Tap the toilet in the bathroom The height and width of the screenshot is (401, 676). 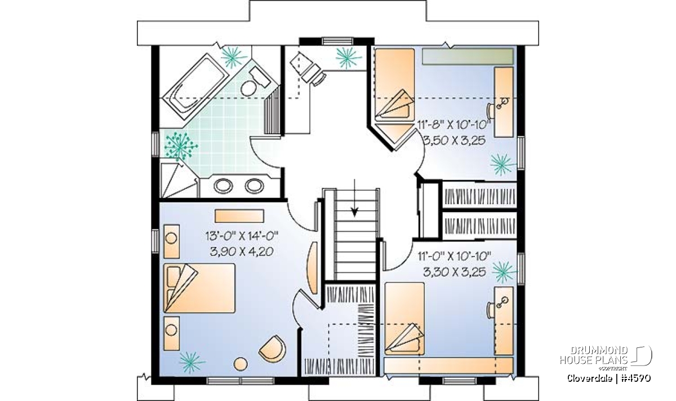[255, 81]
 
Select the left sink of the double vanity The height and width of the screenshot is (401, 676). [223, 186]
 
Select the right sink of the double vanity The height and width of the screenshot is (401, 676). [255, 186]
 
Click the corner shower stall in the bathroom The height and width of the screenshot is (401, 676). [179, 180]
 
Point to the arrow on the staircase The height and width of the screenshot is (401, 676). [355, 198]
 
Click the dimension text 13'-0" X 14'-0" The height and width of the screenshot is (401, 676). [242, 236]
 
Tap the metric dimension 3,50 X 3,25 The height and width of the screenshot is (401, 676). [455, 140]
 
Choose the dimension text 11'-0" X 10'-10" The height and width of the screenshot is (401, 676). [455, 256]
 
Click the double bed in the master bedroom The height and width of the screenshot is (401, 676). [199, 288]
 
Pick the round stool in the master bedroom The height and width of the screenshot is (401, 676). [241, 364]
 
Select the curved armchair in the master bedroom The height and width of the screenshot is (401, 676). [273, 349]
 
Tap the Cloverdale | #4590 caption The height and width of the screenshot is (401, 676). [609, 378]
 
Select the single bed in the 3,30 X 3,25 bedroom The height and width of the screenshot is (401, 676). [404, 319]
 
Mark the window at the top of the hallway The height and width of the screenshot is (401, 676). [337, 41]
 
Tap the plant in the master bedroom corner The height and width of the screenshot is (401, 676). [192, 362]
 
